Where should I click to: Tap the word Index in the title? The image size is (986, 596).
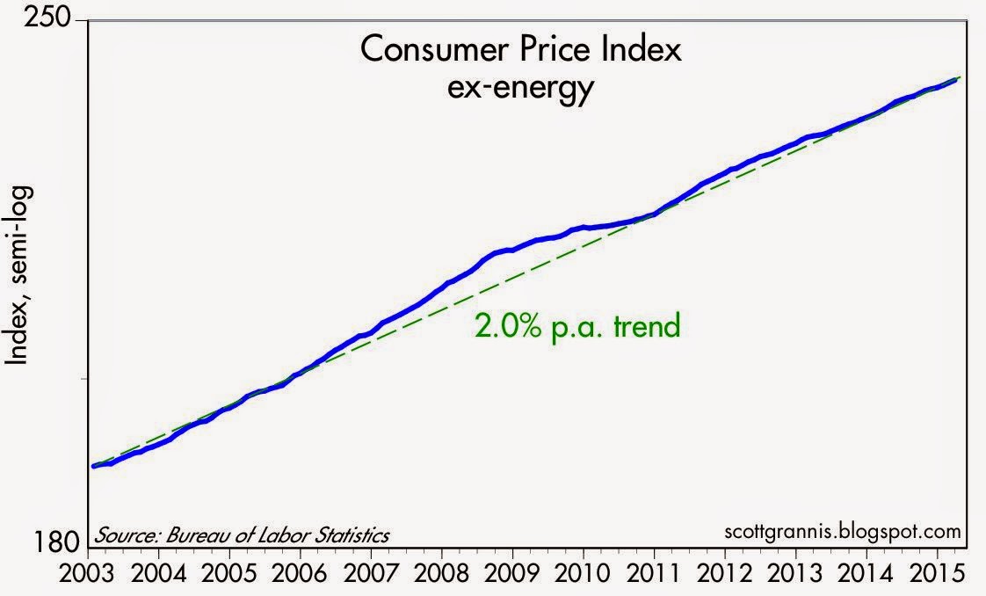point(642,52)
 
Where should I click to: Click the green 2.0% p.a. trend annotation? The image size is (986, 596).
point(577,327)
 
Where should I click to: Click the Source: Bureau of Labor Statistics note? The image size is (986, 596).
point(242,535)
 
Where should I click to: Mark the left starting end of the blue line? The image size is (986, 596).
point(93,466)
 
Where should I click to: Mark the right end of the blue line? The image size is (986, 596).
point(957,79)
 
